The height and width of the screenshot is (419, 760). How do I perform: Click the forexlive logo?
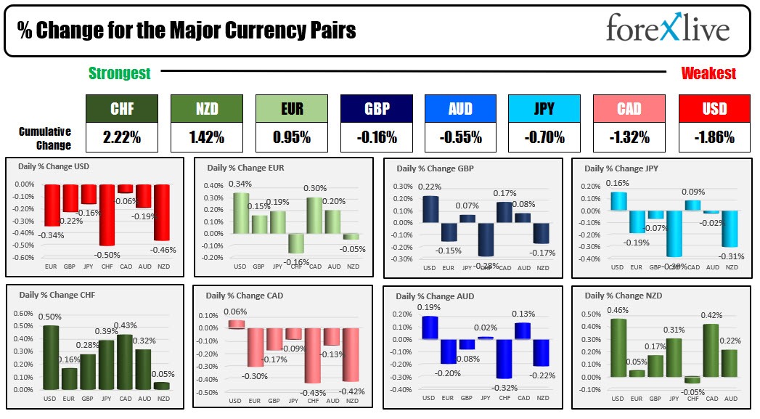click(667, 29)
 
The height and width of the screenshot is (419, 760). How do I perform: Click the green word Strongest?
click(119, 73)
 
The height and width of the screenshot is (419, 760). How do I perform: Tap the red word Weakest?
click(708, 73)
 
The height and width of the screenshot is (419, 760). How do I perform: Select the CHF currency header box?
click(121, 108)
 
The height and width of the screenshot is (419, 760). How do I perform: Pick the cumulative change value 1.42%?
click(206, 137)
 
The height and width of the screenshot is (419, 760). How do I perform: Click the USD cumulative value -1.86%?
click(714, 137)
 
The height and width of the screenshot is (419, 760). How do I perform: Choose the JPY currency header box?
click(544, 108)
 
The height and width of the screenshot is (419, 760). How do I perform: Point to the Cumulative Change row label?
click(45, 138)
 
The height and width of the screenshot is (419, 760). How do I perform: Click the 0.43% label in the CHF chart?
click(125, 325)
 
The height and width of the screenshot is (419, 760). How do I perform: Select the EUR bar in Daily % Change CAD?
click(254, 346)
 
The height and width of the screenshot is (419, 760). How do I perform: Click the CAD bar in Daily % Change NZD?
click(710, 350)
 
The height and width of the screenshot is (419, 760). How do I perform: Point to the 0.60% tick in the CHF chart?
click(23, 314)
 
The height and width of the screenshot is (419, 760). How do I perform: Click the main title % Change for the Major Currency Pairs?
click(187, 30)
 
